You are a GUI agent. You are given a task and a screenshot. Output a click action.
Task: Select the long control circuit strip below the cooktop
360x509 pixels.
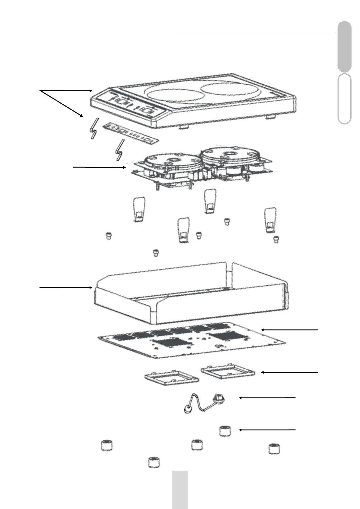click(131, 133)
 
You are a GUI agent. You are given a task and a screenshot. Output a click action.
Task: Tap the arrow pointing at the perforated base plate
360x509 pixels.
click(289, 330)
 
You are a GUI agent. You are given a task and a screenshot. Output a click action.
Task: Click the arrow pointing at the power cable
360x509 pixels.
click(267, 398)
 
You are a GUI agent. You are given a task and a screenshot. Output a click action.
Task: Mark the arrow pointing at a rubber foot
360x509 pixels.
click(267, 429)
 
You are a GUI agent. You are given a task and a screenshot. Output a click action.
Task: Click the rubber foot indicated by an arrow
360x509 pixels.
click(225, 430)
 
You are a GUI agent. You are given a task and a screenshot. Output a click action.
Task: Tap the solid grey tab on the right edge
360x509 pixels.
click(344, 47)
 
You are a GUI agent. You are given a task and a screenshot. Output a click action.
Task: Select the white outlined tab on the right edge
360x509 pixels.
click(344, 99)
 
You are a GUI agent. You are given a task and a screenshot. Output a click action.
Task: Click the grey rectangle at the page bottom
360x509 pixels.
click(180, 489)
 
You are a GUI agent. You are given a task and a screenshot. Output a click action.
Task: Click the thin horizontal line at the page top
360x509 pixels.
click(255, 32)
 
